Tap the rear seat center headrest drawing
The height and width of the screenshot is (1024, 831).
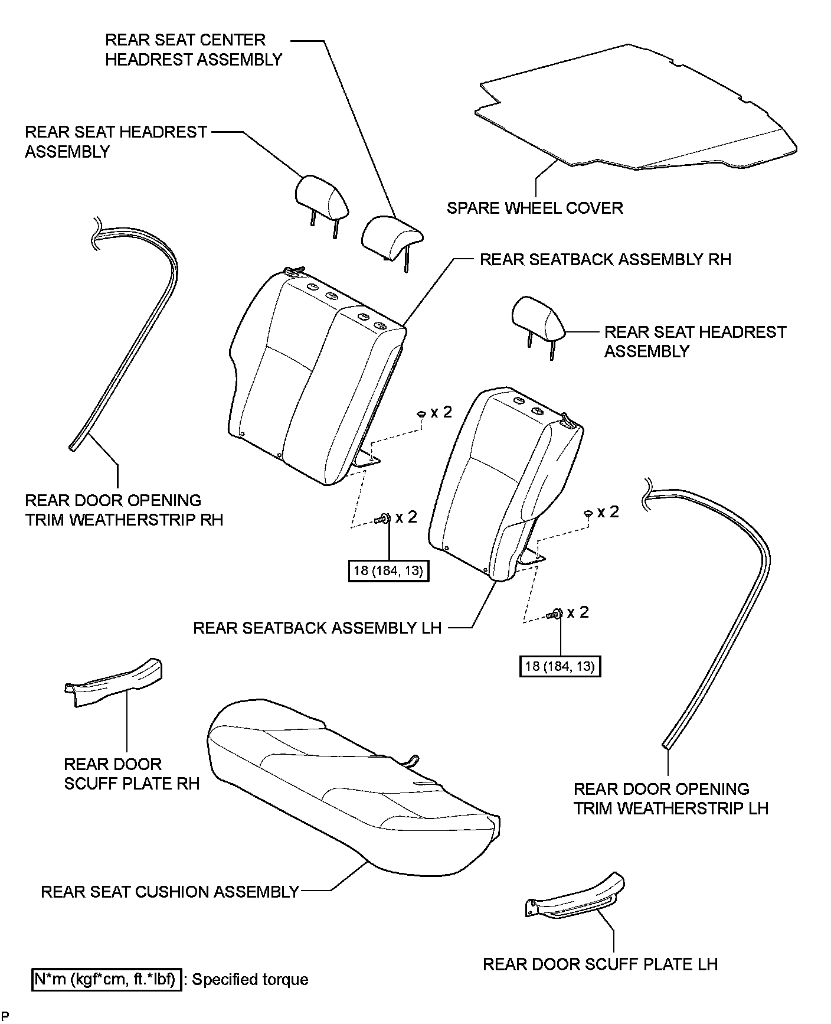point(391,236)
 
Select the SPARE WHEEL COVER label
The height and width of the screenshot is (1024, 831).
point(535,208)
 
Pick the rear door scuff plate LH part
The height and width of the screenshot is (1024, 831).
point(575,898)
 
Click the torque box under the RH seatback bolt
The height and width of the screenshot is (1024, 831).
point(389,571)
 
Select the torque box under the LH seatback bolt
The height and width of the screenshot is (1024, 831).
point(560,666)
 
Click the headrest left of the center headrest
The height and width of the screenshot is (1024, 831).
point(322,198)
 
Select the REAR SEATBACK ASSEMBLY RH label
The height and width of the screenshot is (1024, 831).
point(605,259)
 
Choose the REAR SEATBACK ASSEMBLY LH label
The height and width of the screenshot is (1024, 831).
point(318,627)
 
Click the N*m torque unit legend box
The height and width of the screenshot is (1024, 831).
point(106,979)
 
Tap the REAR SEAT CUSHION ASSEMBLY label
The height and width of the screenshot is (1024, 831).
point(170,891)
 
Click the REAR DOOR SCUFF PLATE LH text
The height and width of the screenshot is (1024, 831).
point(600,964)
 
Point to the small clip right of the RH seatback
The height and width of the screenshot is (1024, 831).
point(422,414)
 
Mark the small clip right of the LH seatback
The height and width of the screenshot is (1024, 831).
point(588,513)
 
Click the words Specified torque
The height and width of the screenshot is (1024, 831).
point(250,980)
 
